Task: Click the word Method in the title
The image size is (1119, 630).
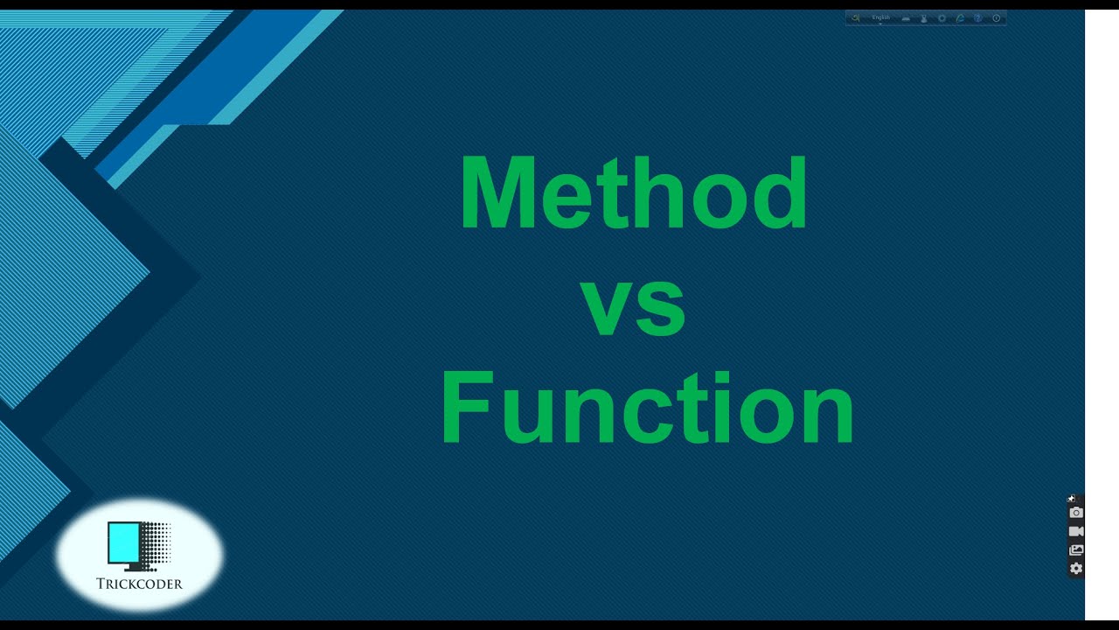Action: click(x=633, y=193)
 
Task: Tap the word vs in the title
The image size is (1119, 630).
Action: click(x=633, y=306)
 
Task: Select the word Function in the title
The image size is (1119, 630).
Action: click(x=647, y=409)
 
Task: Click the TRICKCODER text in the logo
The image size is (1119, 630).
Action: click(x=140, y=584)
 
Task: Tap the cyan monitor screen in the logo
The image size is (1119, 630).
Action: click(x=123, y=542)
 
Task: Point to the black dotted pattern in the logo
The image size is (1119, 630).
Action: click(x=156, y=543)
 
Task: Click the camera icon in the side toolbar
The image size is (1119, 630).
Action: click(x=1076, y=513)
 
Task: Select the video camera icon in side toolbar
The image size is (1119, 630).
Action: click(x=1076, y=531)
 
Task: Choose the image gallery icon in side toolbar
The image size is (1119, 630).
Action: click(x=1076, y=550)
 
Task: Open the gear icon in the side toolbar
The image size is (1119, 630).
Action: click(x=1076, y=569)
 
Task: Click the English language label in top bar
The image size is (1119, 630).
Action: click(x=880, y=17)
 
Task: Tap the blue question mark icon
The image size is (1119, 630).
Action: click(x=977, y=18)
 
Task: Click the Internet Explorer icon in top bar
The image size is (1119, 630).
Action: click(x=960, y=18)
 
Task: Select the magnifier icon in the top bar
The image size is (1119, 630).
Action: click(x=855, y=18)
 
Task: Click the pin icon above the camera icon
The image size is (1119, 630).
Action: click(x=1072, y=499)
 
